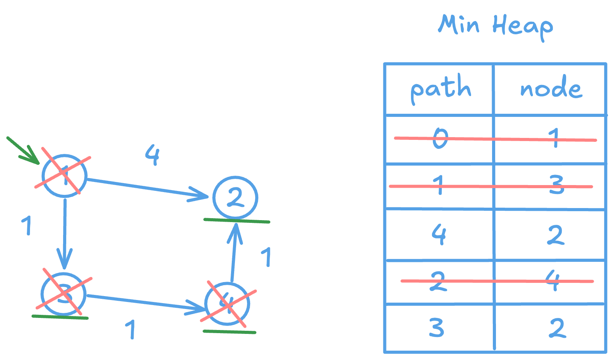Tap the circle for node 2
235,197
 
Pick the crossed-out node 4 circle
228,304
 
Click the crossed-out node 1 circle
64,176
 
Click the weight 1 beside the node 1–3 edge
26,225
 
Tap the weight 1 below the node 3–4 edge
131,329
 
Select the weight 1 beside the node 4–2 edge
266,257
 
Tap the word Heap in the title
522,26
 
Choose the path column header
441,89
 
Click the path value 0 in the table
440,138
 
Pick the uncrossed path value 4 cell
439,234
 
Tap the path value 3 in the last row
436,327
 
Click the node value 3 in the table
556,185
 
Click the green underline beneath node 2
236,221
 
